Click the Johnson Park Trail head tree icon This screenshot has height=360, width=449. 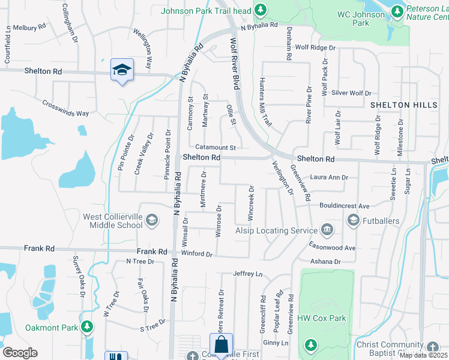[x=260, y=10]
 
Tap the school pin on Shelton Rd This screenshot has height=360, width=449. [x=122, y=70]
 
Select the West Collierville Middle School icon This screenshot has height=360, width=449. [x=152, y=221]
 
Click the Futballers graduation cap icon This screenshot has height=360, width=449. [x=353, y=221]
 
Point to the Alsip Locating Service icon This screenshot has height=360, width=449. [x=327, y=230]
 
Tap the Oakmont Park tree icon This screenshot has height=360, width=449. [x=88, y=327]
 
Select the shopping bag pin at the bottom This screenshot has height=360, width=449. [x=221, y=345]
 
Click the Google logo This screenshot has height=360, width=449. [x=19, y=353]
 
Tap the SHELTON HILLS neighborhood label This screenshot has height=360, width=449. [x=403, y=105]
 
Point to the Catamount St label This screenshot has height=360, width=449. [x=217, y=148]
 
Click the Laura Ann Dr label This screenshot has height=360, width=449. [x=329, y=178]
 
